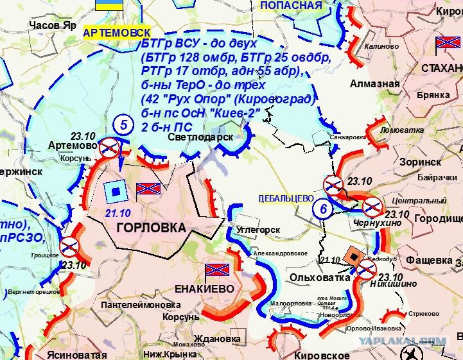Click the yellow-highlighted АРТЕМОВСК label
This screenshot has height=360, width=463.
click(118, 32)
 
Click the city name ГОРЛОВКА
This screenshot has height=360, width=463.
click(151, 228)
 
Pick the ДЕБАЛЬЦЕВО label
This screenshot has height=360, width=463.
click(286, 198)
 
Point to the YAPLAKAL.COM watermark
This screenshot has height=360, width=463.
click(402, 341)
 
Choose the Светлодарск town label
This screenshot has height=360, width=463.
click(199, 137)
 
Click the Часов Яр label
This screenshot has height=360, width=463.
click(53, 25)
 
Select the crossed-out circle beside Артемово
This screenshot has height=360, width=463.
click(110, 148)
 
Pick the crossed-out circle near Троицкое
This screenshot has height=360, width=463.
click(69, 246)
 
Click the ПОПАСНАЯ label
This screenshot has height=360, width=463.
click(291, 6)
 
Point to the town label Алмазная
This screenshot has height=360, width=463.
click(374, 84)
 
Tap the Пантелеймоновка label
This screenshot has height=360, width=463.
click(141, 305)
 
